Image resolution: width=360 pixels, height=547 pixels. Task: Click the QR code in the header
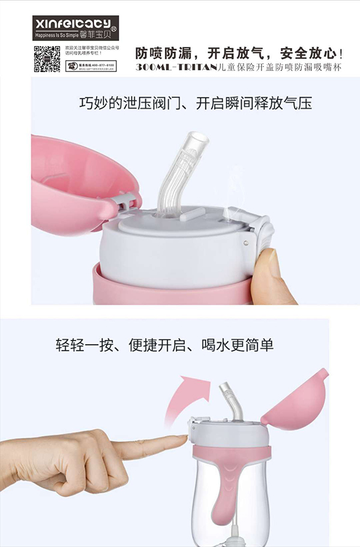coord(47,58)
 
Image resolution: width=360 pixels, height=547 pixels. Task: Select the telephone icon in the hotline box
coord(71,65)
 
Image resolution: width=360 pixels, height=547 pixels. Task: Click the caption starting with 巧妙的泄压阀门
coord(196,103)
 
